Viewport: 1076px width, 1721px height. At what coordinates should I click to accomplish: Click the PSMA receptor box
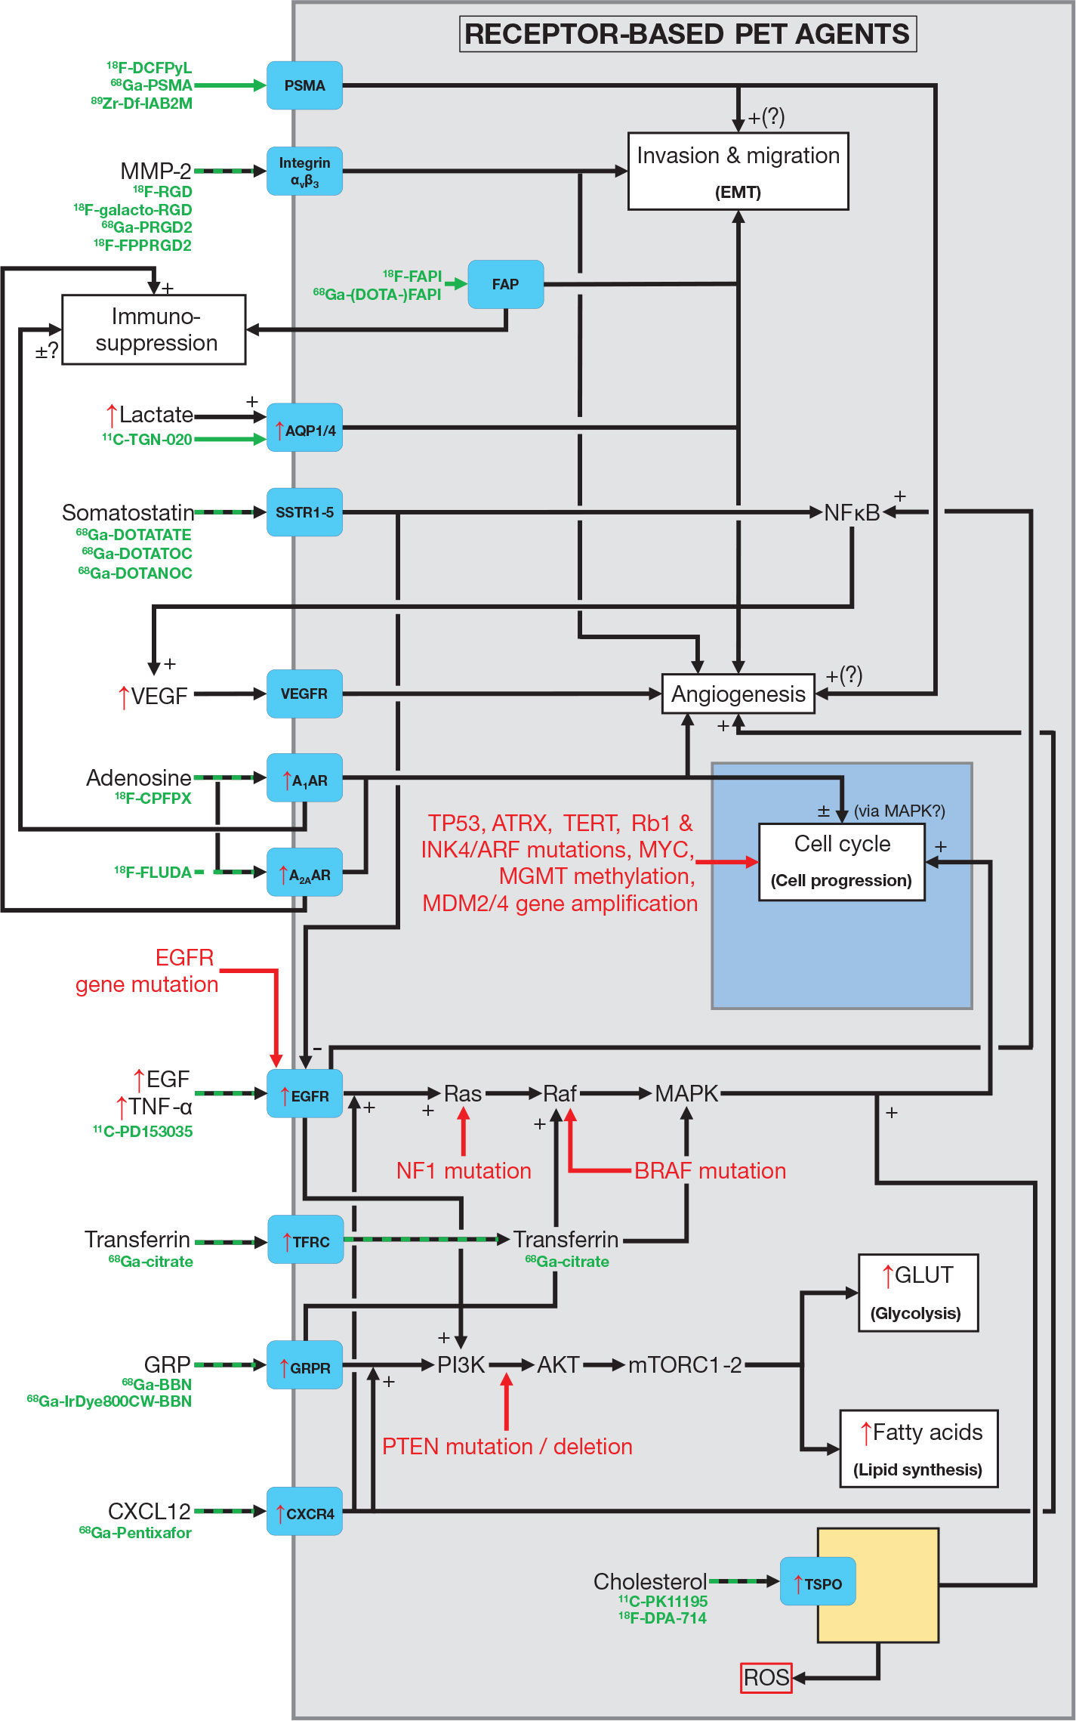pyautogui.click(x=304, y=85)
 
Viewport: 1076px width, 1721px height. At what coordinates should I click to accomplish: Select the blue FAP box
pyautogui.click(x=505, y=284)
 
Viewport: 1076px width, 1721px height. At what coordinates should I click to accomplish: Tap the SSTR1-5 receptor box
pyautogui.click(x=304, y=512)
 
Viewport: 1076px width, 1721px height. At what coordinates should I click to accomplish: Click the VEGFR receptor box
pyautogui.click(x=304, y=694)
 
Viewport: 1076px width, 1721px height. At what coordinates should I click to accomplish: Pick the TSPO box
pyautogui.click(x=818, y=1581)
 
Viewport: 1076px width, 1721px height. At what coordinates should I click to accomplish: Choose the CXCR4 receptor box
pyautogui.click(x=304, y=1512)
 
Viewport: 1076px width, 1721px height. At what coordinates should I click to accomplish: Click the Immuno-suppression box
pyautogui.click(x=154, y=329)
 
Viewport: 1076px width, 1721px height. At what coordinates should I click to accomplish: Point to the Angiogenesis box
pyautogui.click(x=738, y=694)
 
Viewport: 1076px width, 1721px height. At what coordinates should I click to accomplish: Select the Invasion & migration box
pyautogui.click(x=738, y=171)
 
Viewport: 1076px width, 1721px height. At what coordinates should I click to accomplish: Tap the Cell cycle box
pyautogui.click(x=841, y=861)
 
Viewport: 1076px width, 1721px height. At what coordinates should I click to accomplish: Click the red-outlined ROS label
pyautogui.click(x=766, y=1678)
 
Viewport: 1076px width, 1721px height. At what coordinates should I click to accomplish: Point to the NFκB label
pyautogui.click(x=851, y=513)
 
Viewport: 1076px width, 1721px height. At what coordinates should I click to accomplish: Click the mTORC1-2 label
pyautogui.click(x=685, y=1365)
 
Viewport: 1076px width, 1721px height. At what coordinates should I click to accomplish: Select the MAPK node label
pyautogui.click(x=686, y=1093)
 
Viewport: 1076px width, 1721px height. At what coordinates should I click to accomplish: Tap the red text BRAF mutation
pyautogui.click(x=710, y=1170)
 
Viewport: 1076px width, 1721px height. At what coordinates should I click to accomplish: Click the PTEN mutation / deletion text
pyautogui.click(x=507, y=1446)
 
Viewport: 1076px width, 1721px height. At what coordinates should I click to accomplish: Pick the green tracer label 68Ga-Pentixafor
pyautogui.click(x=135, y=1533)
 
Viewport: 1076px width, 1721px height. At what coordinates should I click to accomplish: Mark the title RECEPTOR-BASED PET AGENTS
pyautogui.click(x=687, y=34)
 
